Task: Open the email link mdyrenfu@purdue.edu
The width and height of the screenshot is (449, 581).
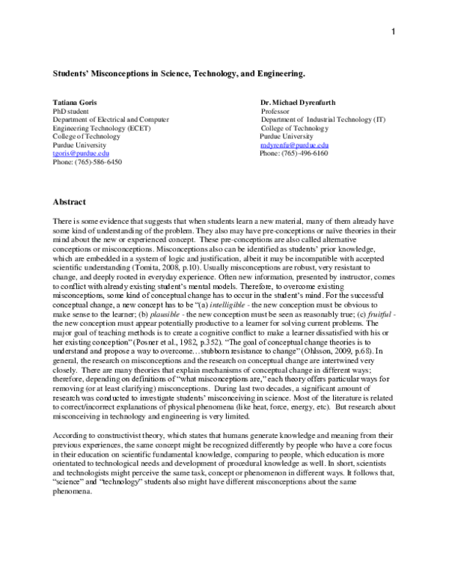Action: pos(295,144)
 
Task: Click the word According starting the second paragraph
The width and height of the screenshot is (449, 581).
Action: pos(70,436)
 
